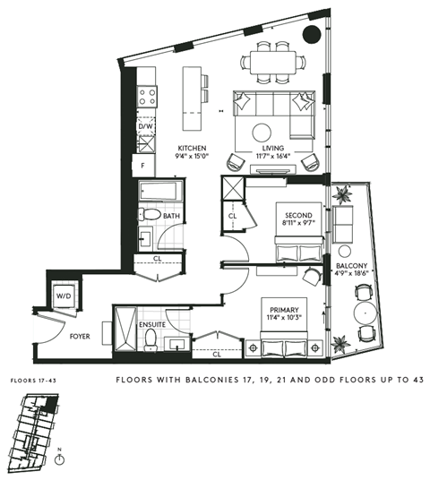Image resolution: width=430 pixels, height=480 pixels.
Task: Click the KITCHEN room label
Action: click(193, 149)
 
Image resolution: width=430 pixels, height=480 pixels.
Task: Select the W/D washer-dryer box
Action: click(64, 295)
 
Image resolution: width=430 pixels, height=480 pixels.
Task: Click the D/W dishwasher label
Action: click(145, 127)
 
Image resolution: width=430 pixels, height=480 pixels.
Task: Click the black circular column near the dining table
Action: click(312, 35)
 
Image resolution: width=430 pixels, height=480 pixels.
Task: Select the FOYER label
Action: click(81, 338)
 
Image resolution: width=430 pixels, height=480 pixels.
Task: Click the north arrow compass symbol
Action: click(60, 459)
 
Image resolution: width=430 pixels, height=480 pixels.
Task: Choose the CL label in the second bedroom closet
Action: click(231, 216)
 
